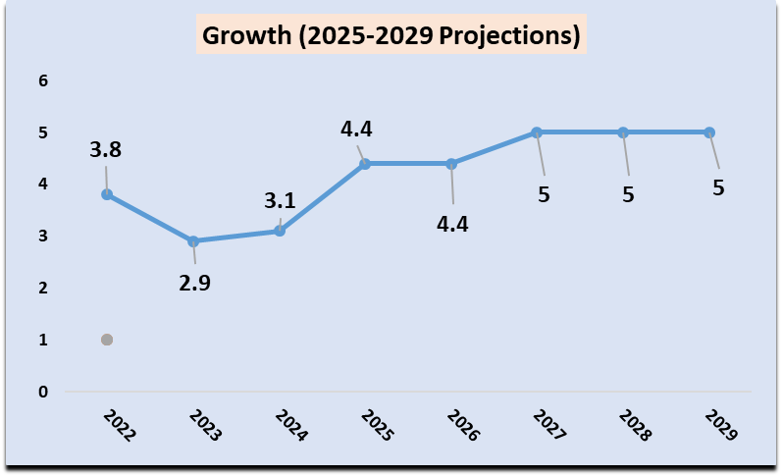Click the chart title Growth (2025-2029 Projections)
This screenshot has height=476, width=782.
pos(391,36)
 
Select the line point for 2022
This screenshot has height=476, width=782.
pos(107,194)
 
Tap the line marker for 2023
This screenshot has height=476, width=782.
pos(193,241)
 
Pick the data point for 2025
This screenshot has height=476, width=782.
pos(365,164)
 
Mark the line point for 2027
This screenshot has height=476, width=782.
pos(537,132)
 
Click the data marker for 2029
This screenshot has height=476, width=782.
pos(709,132)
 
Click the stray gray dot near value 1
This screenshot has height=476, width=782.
pos(107,340)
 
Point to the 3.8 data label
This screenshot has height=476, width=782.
pos(105,151)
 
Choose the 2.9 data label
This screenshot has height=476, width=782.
pos(194,284)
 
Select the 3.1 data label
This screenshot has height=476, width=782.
pos(280,202)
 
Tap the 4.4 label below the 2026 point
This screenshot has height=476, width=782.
pos(452,224)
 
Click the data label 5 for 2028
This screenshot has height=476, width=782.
pos(628,194)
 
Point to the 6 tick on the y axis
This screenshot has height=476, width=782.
pos(42,80)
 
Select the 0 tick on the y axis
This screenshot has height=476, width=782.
pos(42,392)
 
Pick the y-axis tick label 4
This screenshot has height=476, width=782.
pos(42,185)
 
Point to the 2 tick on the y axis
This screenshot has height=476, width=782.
pos(42,288)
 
